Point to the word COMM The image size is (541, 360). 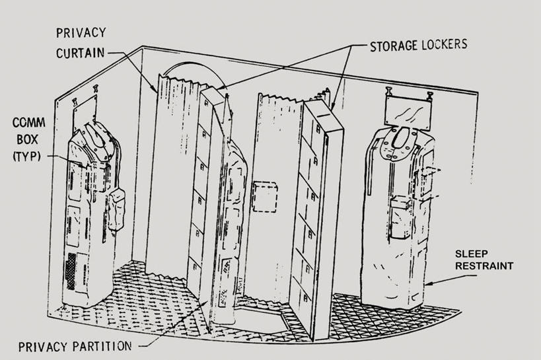[x=24, y=124]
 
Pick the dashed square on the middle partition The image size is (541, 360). [x=266, y=196]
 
